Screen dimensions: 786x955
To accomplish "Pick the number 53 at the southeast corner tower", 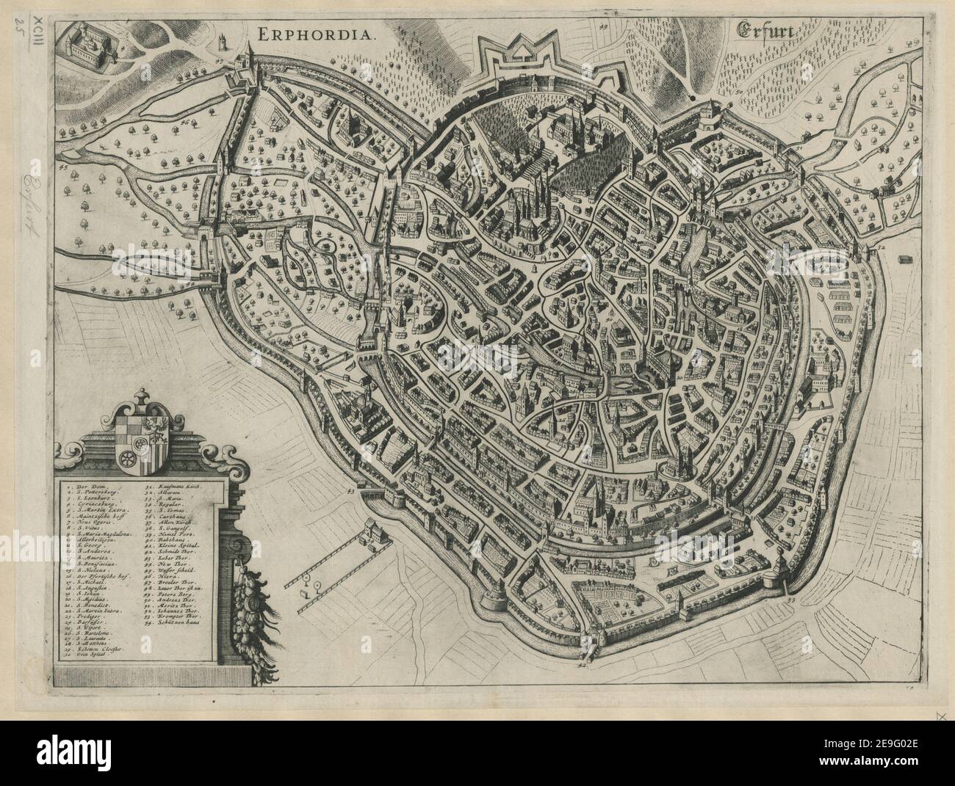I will [x=791, y=600].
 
